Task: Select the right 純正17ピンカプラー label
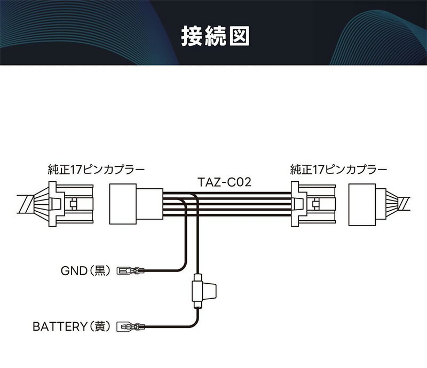(x=339, y=170)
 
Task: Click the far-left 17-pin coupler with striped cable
(x=62, y=203)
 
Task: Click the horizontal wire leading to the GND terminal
(x=160, y=270)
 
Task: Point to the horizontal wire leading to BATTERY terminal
(x=165, y=325)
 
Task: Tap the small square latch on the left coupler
(x=74, y=204)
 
